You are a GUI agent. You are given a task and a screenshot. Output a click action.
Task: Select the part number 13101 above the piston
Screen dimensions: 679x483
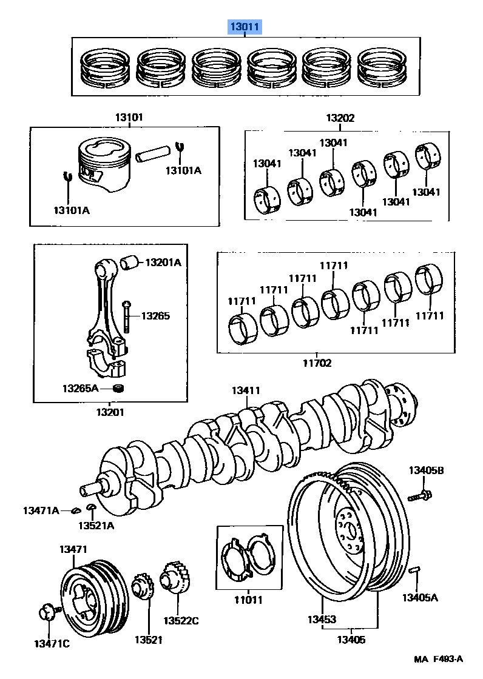128,118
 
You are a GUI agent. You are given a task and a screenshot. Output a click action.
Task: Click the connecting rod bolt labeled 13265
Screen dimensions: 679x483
126,316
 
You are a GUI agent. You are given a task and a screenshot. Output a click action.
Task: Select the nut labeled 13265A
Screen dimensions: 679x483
120,387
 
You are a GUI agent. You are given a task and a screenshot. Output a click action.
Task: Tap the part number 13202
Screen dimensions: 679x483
340,118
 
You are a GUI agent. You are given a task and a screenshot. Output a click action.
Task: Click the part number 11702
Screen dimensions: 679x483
317,363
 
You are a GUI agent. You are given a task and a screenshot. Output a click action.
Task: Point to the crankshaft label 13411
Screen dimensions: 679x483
246,390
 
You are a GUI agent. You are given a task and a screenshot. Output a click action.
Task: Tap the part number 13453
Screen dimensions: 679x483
322,620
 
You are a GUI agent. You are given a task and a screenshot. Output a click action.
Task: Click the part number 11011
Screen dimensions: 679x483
249,600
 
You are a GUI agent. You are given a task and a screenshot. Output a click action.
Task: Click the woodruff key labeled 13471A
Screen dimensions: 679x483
75,509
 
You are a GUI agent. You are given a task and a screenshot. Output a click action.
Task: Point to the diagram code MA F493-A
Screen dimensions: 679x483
439,659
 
